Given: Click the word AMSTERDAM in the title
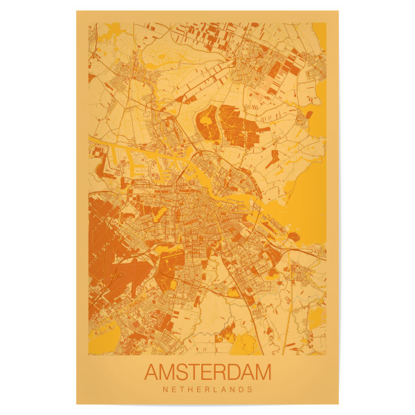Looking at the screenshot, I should pos(207,372).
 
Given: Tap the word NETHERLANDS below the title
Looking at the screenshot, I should pos(207,389).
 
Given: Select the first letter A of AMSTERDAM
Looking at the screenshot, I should pos(151,372).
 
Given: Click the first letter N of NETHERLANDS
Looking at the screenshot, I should pos(164,389).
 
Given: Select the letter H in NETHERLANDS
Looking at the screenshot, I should pos(190,389).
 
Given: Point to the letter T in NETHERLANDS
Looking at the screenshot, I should pos(181,389).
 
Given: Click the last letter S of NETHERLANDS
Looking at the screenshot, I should pos(251,389).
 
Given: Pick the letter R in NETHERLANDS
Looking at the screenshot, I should pos(207,389).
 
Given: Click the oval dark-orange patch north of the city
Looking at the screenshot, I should pos(205,124).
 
